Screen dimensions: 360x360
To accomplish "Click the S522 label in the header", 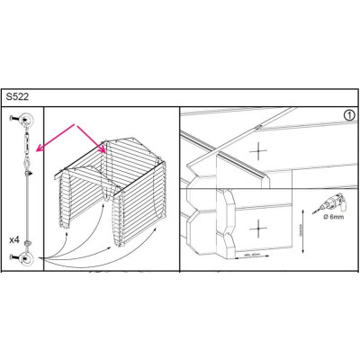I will coord(18,94).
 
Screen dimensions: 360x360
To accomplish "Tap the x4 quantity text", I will coord(14,240).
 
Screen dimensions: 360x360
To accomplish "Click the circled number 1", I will coord(348,115).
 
